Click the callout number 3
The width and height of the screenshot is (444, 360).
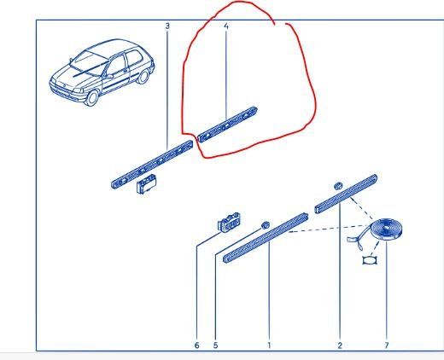(167, 26)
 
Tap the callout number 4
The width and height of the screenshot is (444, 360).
(226, 26)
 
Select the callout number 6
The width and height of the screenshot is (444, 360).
(196, 345)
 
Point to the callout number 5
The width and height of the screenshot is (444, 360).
(215, 345)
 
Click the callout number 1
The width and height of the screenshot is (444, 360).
(269, 345)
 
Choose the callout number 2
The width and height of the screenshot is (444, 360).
(340, 345)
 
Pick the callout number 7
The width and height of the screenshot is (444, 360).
(387, 345)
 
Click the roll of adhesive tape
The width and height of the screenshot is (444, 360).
(386, 229)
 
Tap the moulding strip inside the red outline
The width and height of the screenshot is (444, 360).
(227, 124)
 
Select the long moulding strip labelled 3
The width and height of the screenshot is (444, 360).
(151, 165)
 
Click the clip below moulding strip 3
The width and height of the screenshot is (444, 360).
(146, 183)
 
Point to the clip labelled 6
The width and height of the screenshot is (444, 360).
(229, 222)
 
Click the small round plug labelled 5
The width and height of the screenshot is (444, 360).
(266, 225)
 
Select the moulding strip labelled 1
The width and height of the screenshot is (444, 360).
(266, 238)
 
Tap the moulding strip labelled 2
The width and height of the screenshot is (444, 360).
(346, 194)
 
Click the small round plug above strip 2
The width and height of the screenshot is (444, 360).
(338, 185)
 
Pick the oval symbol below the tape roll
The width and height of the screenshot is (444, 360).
(369, 260)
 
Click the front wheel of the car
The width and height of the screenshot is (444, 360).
(91, 97)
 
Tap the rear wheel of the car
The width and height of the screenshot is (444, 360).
(143, 77)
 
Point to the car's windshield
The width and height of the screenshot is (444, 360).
(89, 64)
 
